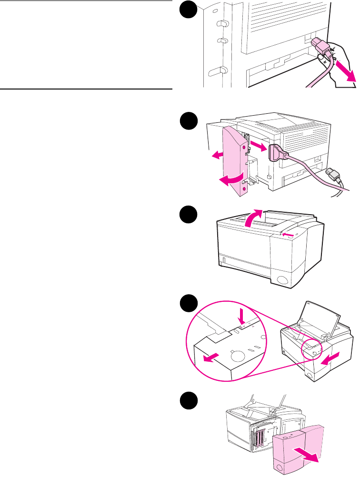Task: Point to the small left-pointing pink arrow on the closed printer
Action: (x=287, y=234)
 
